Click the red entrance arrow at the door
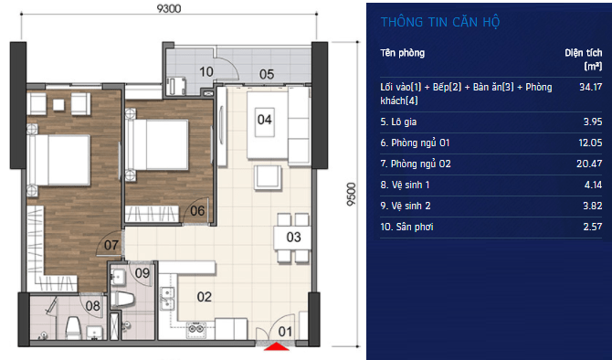[277, 346]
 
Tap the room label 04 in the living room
[264, 120]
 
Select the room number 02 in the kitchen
[204, 297]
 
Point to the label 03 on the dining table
[293, 237]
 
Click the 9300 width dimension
[169, 8]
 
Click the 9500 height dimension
[352, 194]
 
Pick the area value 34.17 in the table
[590, 87]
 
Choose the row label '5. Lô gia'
[398, 122]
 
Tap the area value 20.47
[589, 164]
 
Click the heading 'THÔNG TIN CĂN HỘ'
[440, 22]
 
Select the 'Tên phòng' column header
[403, 53]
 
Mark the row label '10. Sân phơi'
[406, 227]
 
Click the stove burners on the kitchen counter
[195, 328]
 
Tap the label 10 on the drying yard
[206, 72]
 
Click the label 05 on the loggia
[267, 74]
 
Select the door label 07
[111, 245]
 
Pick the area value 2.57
[593, 227]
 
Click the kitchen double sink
[167, 298]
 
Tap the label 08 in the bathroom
[93, 306]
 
